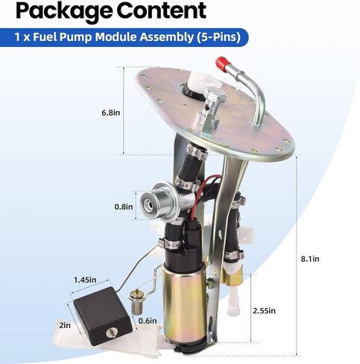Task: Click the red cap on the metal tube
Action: (222, 64)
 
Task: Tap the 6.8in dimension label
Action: (110, 113)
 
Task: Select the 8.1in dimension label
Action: (310, 259)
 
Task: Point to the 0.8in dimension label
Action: (124, 207)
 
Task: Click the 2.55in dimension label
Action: (264, 310)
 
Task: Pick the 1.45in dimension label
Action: (85, 280)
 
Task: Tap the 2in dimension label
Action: (65, 325)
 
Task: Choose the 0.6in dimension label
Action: (148, 321)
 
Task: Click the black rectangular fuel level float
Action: (103, 316)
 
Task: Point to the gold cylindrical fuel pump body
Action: (184, 302)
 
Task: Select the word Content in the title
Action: (161, 10)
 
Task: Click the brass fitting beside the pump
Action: (233, 275)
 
